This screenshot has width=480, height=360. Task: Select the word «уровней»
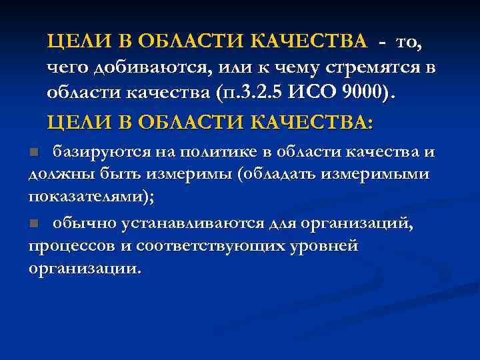(325, 247)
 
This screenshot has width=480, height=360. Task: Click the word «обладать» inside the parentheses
(283, 175)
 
